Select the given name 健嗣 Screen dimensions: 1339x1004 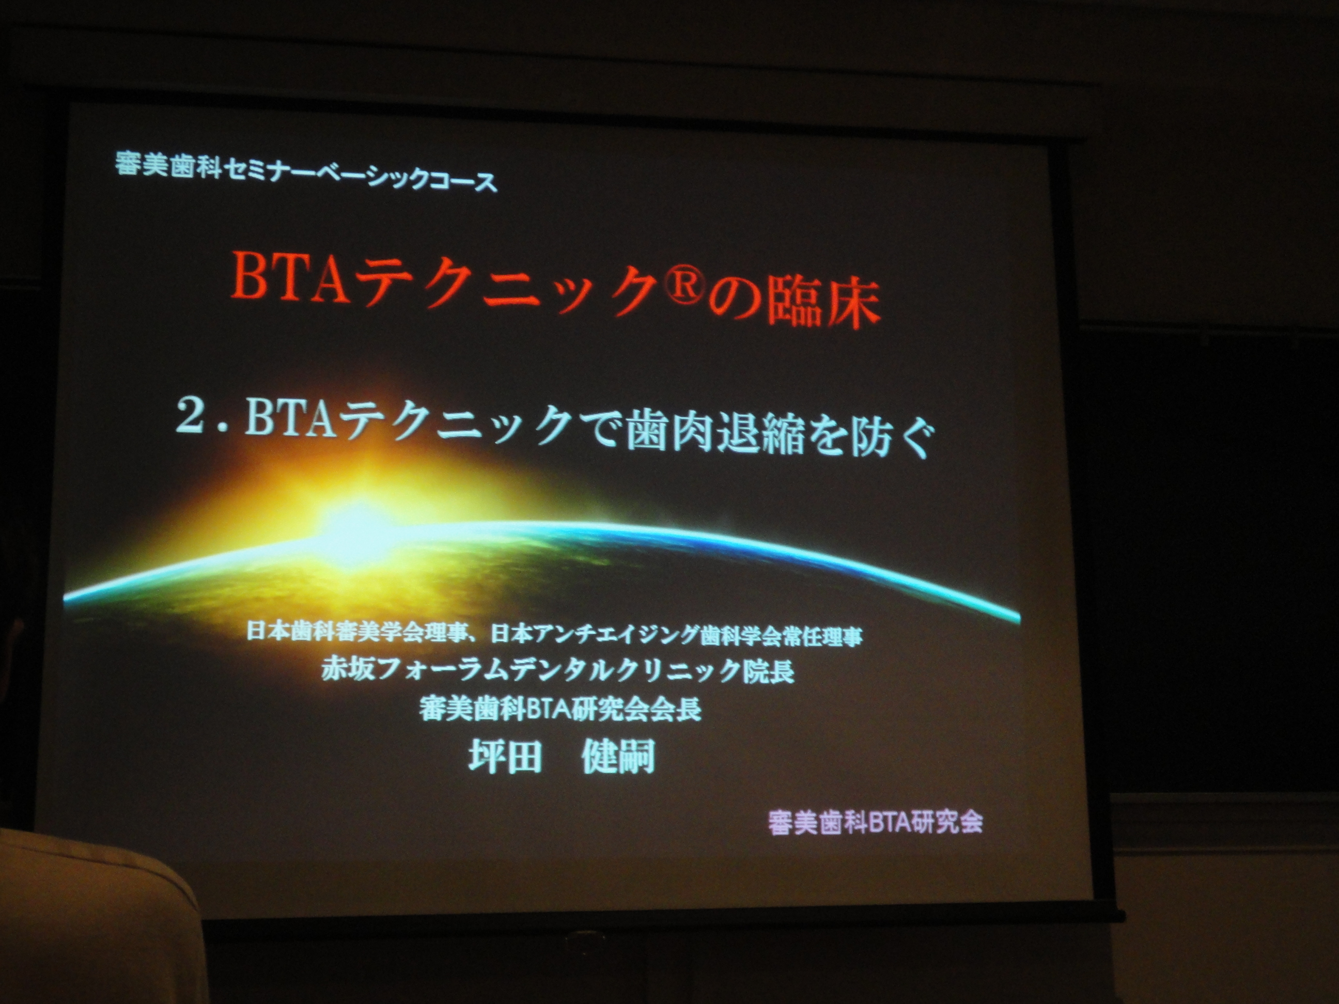click(617, 757)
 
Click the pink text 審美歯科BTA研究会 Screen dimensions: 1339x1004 click(875, 822)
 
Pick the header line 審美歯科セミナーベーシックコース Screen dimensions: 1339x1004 click(306, 172)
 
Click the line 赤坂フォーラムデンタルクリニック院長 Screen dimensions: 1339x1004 click(557, 670)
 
